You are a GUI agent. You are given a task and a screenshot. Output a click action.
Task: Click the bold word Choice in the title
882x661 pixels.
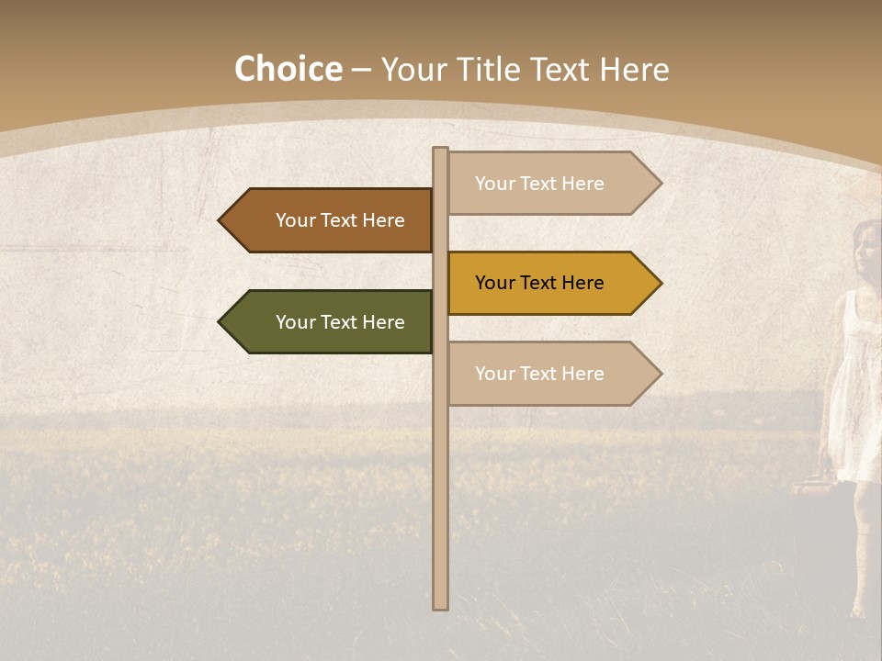pos(288,70)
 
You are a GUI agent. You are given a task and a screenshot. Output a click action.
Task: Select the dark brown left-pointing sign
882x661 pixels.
pos(326,220)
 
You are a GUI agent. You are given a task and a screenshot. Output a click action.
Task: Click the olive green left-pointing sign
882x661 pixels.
pos(326,322)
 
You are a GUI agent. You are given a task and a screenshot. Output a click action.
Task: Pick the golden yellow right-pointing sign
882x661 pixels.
pos(551,283)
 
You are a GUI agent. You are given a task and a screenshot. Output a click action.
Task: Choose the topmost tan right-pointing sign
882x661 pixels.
pos(551,184)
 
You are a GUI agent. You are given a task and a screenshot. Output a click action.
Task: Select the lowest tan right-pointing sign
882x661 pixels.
pos(551,374)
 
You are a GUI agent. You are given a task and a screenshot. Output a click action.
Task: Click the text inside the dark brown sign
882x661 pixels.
pos(340,220)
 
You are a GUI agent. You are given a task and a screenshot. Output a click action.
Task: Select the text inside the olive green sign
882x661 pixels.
pos(340,322)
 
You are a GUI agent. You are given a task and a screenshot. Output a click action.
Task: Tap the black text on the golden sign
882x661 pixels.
pos(539,283)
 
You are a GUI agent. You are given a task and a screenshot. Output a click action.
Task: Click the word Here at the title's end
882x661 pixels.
pos(634,70)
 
